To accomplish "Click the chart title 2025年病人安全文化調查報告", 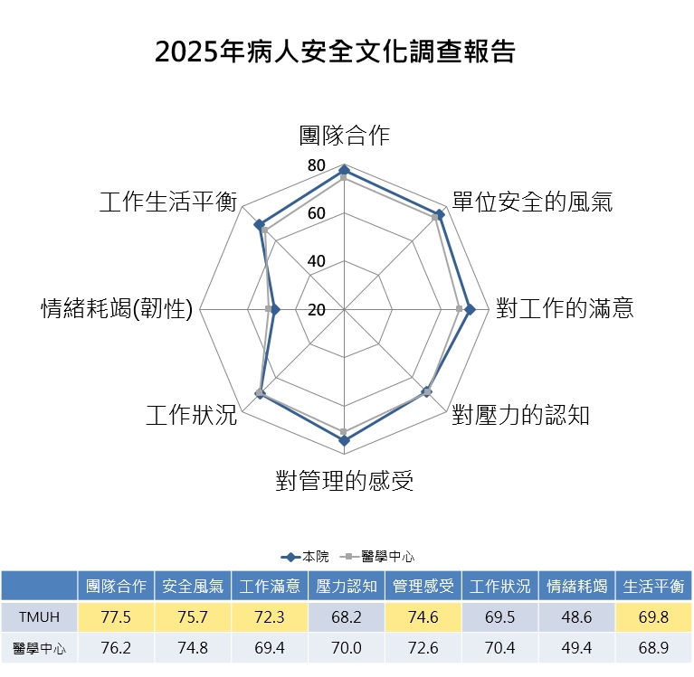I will [x=335, y=52].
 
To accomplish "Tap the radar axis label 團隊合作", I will [x=344, y=136].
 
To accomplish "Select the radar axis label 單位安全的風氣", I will [x=532, y=202].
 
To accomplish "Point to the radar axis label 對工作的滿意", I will [x=565, y=308].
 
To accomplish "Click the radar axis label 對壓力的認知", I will [x=521, y=415].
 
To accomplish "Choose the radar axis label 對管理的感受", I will [x=345, y=481].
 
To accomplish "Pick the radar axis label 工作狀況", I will [x=191, y=415].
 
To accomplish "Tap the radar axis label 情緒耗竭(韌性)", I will [x=119, y=309].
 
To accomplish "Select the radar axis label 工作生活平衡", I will [x=167, y=202].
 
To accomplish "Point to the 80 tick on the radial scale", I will [x=317, y=165].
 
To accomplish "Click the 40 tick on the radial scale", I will [x=317, y=261].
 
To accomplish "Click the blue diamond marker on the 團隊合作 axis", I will [x=344, y=171].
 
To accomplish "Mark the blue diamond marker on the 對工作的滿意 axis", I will [x=470, y=309].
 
